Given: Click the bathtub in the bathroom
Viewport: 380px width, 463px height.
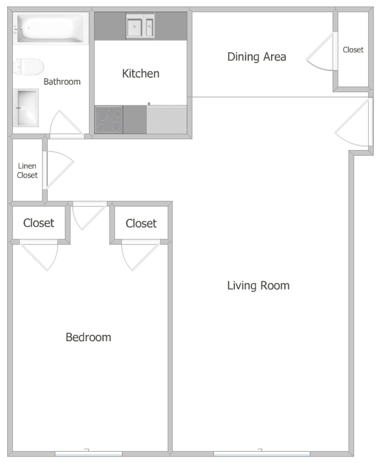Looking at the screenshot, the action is tap(51, 28).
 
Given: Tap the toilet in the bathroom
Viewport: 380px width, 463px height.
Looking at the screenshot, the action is tap(29, 67).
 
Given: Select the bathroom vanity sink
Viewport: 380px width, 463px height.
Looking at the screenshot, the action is tap(26, 108).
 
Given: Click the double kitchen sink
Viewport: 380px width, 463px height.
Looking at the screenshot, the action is tap(140, 27).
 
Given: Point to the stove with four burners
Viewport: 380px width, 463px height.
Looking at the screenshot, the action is tap(109, 119).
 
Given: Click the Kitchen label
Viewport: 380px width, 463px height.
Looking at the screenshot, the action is tap(141, 74).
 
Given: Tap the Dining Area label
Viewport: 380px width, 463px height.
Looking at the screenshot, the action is tap(257, 57).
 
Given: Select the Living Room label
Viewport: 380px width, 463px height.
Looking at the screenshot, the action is tap(258, 285).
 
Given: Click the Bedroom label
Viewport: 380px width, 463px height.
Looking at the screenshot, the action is tap(88, 337).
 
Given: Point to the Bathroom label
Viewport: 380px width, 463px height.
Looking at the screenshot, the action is tap(62, 82).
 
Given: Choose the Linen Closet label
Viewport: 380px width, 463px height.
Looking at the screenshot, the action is tap(27, 170).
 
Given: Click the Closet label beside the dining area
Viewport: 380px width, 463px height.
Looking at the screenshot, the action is tap(353, 49).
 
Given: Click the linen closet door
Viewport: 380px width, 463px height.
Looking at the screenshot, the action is tap(58, 170).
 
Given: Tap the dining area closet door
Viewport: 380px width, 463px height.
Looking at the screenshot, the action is tap(322, 52).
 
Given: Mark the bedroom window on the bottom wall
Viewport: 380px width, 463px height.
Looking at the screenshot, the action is tap(88, 454).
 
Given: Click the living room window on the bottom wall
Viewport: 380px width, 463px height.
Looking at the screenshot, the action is tap(261, 454).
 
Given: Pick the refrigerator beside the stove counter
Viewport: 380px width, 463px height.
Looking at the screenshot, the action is tap(166, 119).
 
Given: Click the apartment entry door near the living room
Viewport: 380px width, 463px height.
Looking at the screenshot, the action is tap(354, 122).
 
